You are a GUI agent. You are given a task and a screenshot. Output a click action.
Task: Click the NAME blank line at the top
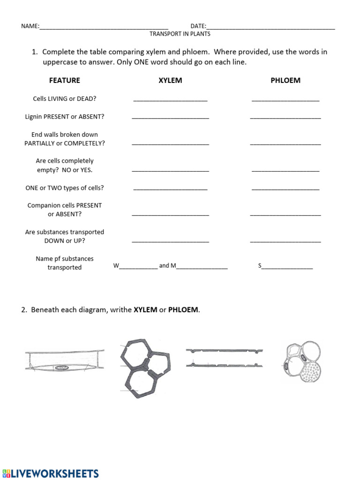104,27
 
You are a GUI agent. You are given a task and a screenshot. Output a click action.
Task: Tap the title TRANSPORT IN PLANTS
180,34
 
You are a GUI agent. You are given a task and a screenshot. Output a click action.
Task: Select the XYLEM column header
170,80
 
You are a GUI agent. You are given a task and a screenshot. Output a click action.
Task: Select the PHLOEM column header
285,80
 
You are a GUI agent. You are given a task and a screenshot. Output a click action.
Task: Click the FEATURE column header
65,80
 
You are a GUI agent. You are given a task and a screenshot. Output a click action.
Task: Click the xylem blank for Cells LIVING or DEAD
170,99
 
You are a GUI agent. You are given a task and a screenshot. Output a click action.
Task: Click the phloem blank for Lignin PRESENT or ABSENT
285,117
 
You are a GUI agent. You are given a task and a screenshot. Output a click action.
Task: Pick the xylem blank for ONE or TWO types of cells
170,188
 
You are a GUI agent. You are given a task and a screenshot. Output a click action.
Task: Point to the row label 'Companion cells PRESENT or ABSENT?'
65,210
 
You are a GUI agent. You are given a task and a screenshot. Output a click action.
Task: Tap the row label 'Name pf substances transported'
65,263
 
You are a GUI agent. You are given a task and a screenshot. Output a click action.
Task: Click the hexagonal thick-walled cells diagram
145,367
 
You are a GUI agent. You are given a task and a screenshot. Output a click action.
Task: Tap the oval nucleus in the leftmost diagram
61,368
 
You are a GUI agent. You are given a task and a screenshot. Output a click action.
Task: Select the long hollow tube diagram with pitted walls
225,358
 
